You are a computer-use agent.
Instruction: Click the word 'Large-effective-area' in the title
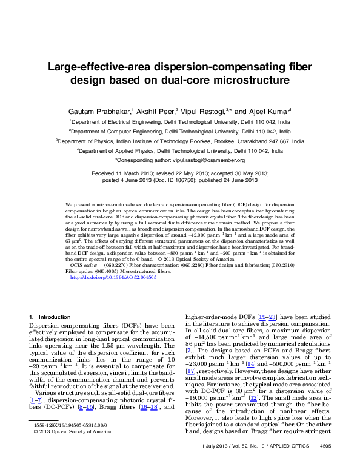(x=104, y=67)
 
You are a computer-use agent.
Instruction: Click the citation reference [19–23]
(x=267, y=316)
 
